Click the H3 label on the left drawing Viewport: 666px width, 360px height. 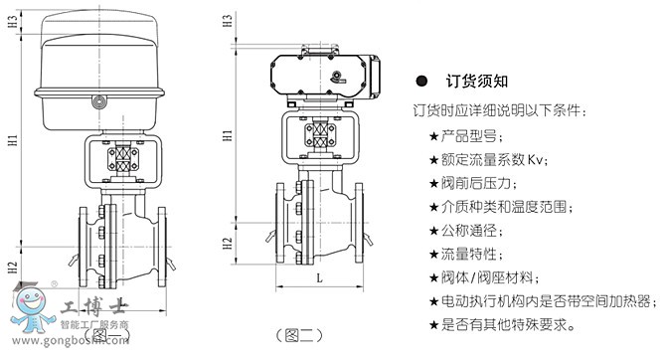13,21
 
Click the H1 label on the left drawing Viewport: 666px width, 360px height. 13,140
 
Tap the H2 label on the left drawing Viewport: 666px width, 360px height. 13,268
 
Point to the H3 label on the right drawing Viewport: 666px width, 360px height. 228,21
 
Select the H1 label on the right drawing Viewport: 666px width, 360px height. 228,135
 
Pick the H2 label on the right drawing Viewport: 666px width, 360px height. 228,244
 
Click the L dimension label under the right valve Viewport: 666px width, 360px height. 319,278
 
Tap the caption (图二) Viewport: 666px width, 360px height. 299,336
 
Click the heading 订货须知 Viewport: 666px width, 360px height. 476,81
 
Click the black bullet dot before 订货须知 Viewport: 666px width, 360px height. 421,81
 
